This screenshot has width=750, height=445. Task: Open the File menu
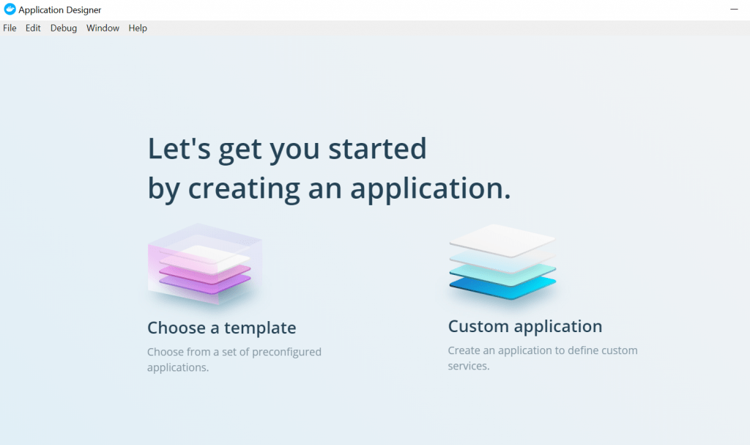[10, 29]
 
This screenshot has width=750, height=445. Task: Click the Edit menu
[33, 29]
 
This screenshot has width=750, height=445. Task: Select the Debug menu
[64, 29]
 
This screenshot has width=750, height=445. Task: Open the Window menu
[103, 29]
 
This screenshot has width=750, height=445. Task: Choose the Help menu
[138, 29]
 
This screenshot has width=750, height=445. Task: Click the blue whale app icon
[10, 9]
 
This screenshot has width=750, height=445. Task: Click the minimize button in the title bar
[734, 9]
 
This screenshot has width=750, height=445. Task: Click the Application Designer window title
[60, 10]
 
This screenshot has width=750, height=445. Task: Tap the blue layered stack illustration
[502, 262]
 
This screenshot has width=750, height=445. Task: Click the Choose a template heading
[221, 328]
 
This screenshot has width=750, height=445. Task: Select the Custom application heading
[524, 327]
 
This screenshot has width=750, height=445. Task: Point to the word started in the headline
[377, 148]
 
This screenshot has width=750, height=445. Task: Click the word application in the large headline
[431, 188]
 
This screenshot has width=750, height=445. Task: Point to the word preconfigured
[286, 352]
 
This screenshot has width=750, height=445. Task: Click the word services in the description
[469, 366]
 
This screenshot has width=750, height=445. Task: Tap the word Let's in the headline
[179, 148]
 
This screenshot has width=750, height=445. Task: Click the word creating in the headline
[244, 188]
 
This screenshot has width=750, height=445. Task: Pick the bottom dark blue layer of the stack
[502, 287]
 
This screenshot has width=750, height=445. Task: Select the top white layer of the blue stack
[502, 240]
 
